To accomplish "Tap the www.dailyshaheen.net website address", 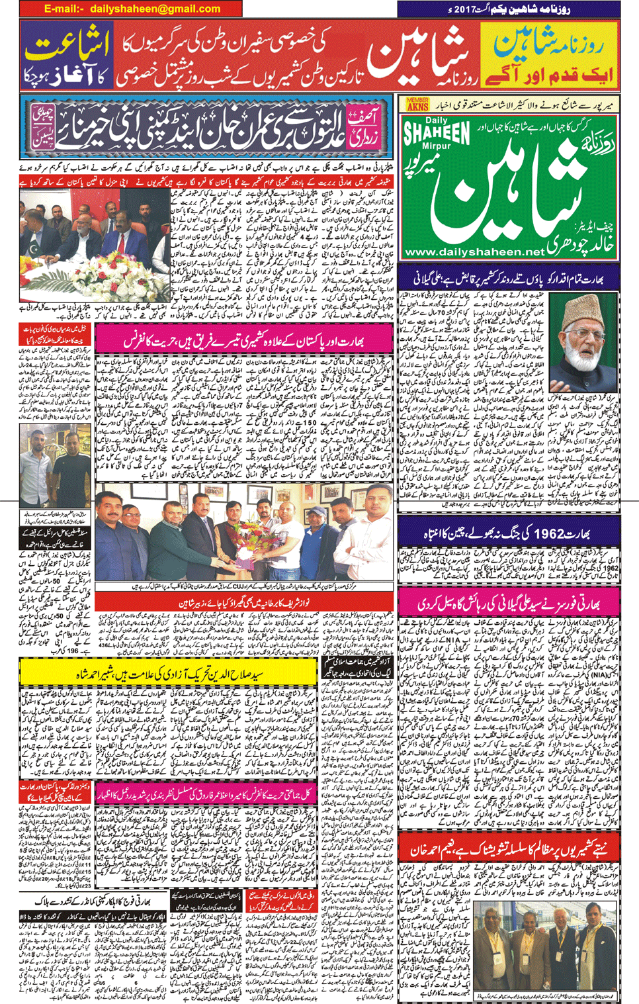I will (x=474, y=252).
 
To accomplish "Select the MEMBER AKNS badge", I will (x=417, y=105).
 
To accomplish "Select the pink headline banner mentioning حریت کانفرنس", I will (x=244, y=341).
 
